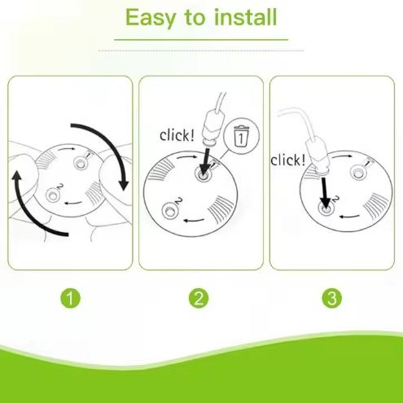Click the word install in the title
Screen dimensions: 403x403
tap(245, 17)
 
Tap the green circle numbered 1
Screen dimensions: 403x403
tap(70, 298)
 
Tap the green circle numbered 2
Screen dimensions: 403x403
tap(199, 298)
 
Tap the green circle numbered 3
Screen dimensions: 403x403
tap(332, 298)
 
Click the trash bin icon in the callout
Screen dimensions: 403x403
tap(241, 136)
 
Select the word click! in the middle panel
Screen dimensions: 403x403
tap(177, 135)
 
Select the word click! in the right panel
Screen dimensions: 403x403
tap(288, 160)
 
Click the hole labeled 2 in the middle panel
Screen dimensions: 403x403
tap(170, 211)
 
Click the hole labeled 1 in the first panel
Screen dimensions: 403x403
tap(81, 163)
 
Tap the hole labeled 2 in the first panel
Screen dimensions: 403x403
tap(52, 195)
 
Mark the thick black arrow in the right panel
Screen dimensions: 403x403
tap(325, 194)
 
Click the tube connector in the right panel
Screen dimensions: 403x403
tap(318, 156)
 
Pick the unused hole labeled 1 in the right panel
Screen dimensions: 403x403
tap(358, 172)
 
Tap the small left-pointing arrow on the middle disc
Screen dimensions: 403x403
tap(194, 220)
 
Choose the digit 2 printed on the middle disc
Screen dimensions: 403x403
tap(178, 201)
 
